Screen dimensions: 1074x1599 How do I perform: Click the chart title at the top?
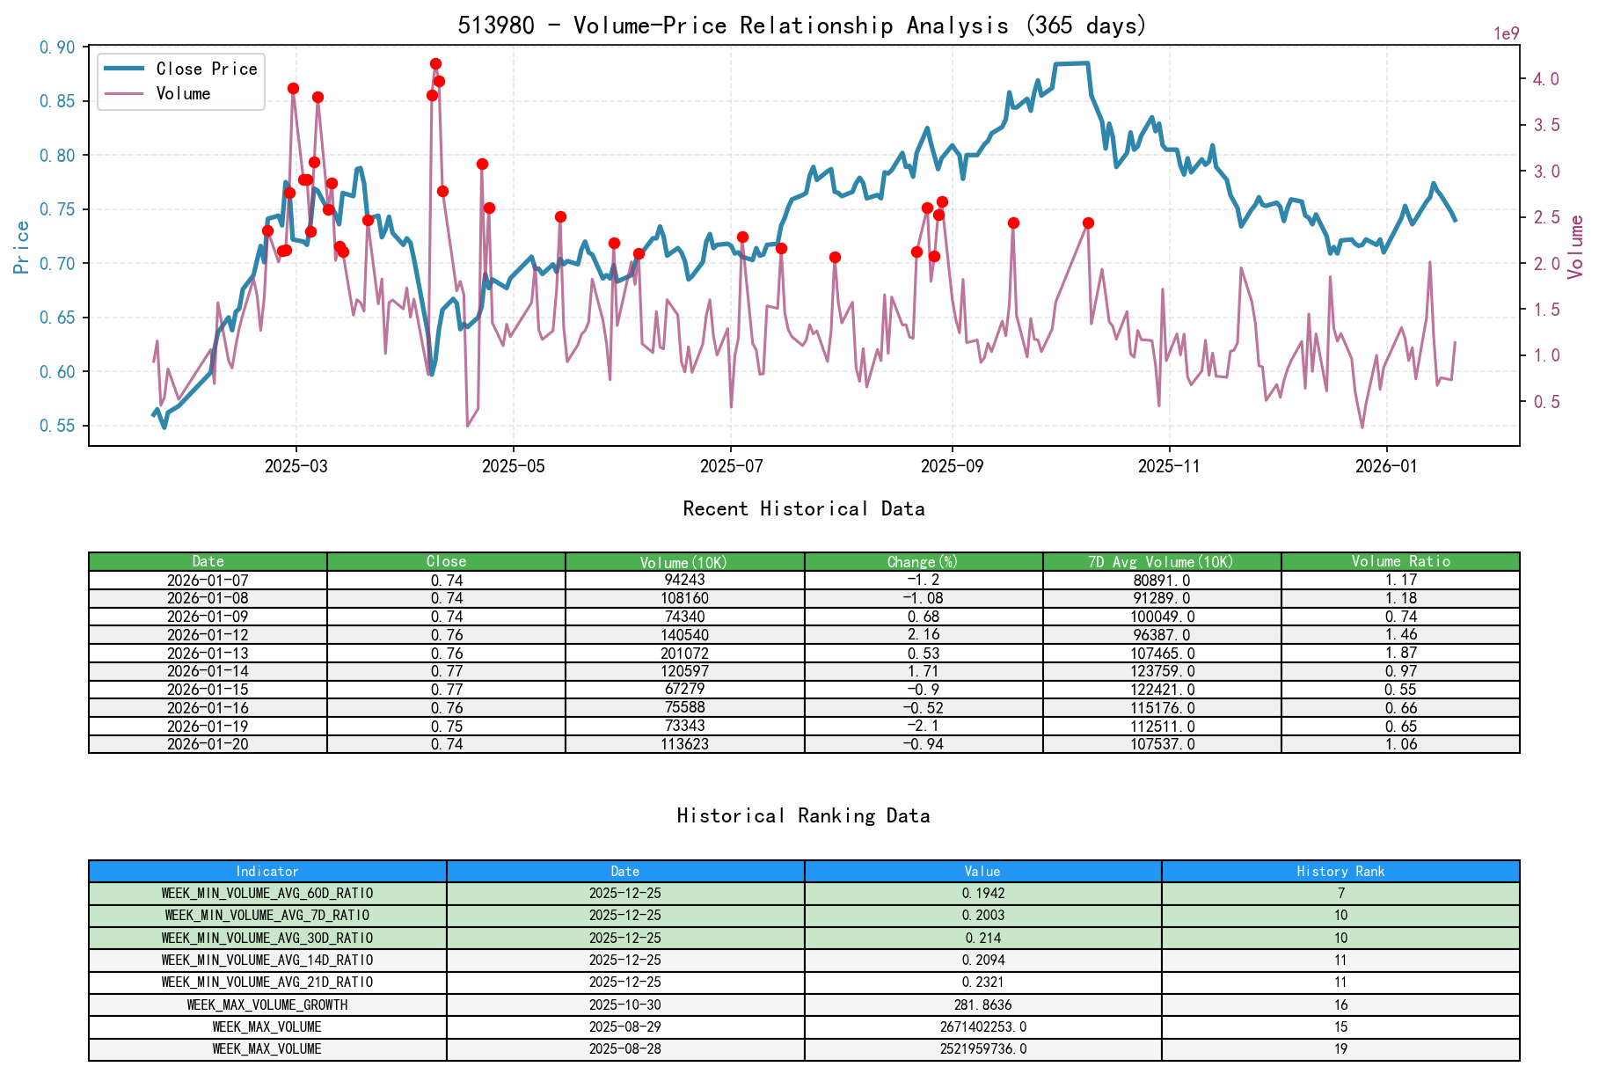[x=802, y=25]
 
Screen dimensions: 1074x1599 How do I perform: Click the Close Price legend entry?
[x=206, y=69]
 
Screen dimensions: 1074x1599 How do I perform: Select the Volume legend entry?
[x=183, y=93]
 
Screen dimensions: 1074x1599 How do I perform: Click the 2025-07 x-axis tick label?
[x=731, y=465]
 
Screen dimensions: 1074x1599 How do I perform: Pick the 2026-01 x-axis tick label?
[x=1386, y=465]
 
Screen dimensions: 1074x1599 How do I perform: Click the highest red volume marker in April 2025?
[x=435, y=64]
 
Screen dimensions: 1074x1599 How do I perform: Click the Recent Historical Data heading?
[x=803, y=508]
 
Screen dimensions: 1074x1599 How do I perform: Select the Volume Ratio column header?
[x=1400, y=561]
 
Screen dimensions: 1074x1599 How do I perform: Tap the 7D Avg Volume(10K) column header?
[x=1161, y=561]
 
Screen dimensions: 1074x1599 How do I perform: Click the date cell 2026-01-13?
[x=208, y=654]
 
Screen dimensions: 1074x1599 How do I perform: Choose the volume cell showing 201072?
[x=684, y=654]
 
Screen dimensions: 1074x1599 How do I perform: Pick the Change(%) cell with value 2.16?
[x=923, y=635]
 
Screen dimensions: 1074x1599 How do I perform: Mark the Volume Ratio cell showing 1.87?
[x=1400, y=654]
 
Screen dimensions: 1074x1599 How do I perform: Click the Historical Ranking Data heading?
[x=803, y=815]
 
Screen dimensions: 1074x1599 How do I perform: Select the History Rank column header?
[x=1340, y=871]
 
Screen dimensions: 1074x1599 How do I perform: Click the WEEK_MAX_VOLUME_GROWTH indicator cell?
[x=267, y=1005]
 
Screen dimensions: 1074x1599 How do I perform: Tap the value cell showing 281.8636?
[x=982, y=1005]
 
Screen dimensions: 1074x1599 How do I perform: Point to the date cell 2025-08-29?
[x=624, y=1027]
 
